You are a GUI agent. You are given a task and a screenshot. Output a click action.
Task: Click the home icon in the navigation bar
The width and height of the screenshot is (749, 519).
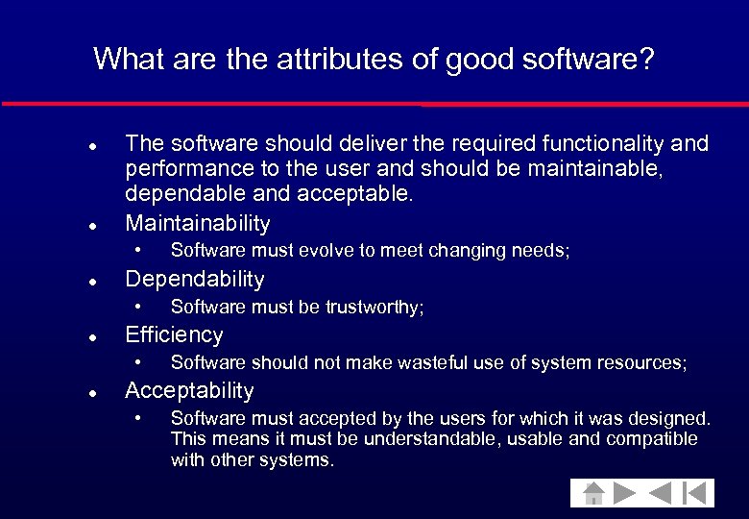pyautogui.click(x=594, y=493)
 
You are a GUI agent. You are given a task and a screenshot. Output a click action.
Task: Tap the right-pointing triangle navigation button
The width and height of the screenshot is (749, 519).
pyautogui.click(x=625, y=493)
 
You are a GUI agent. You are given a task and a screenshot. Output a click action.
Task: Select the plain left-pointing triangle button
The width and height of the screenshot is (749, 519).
pyautogui.click(x=660, y=493)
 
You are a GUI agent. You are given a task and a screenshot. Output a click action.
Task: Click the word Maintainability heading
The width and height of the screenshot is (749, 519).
pyautogui.click(x=198, y=224)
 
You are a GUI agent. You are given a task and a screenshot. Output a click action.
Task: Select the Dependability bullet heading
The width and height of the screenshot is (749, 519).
pyautogui.click(x=195, y=280)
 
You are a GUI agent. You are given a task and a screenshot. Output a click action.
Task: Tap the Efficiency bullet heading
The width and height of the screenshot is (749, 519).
pyautogui.click(x=174, y=335)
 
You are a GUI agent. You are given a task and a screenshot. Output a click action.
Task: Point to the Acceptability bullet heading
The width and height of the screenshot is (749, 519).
pyautogui.click(x=189, y=391)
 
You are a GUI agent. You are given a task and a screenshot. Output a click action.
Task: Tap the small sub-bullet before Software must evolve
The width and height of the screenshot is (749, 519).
pyautogui.click(x=138, y=251)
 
